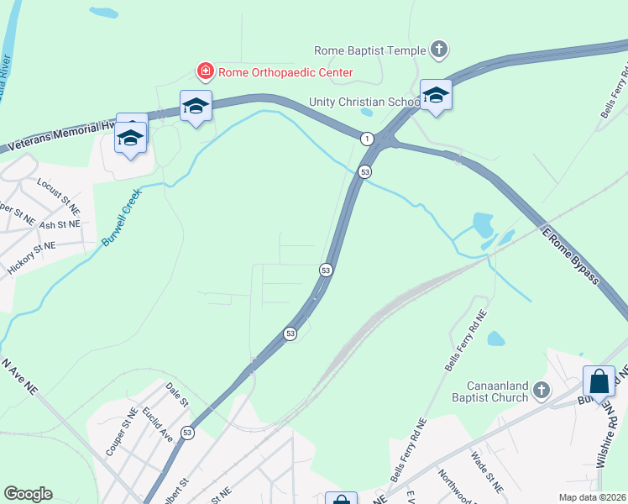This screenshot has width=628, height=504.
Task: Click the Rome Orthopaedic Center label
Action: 285,72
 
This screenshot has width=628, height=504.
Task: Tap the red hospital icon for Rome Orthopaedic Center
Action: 204,72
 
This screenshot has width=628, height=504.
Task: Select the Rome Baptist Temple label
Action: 369,50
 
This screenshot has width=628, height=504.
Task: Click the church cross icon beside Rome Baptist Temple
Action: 438,50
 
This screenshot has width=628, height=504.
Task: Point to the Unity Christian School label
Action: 364,102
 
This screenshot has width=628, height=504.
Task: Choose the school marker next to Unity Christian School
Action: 436,95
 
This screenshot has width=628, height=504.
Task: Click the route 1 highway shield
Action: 367,138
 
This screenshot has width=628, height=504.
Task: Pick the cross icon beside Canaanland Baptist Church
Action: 542,391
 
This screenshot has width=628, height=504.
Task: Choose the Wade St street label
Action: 486,471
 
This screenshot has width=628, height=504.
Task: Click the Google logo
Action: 28,494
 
